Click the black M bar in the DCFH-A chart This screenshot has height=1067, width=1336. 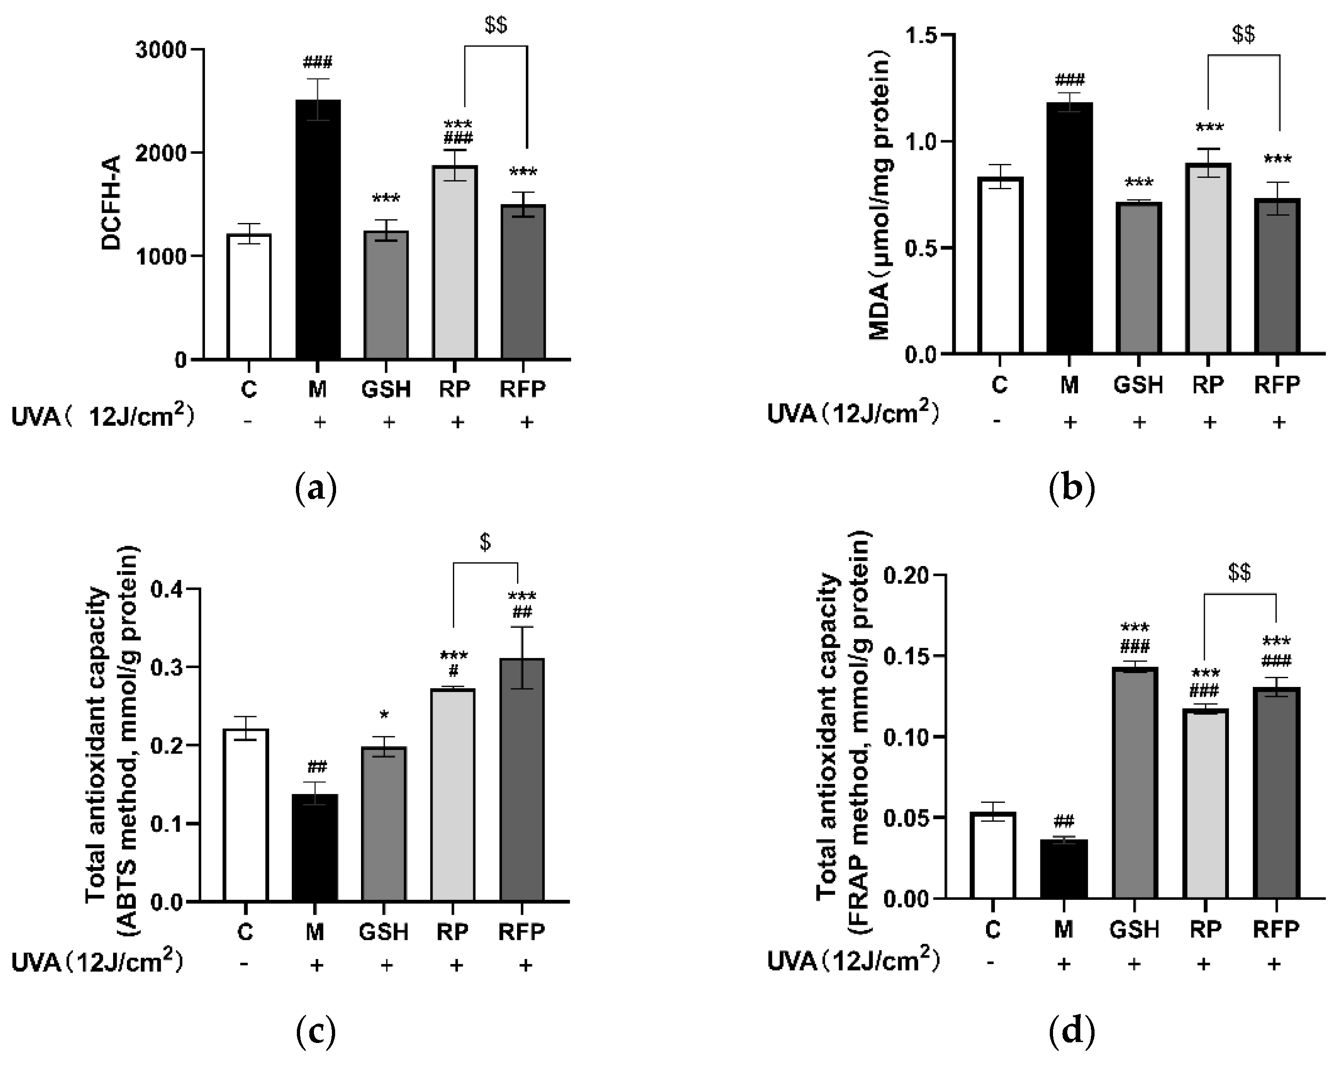click(318, 229)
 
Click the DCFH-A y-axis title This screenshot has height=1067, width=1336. click(112, 203)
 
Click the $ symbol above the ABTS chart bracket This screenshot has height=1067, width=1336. click(485, 542)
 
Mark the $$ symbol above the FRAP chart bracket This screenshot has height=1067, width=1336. click(1240, 573)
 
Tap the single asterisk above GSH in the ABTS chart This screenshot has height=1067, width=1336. click(384, 716)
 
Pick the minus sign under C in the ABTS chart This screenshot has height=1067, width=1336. click(246, 965)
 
